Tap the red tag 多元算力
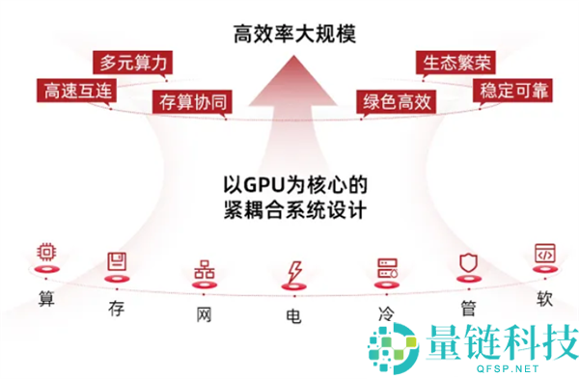click(133, 63)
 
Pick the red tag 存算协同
click(194, 101)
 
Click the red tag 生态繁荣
click(454, 63)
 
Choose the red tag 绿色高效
click(396, 101)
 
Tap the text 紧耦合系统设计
click(289, 208)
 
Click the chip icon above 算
click(45, 252)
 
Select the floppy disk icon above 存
click(119, 261)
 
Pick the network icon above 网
click(204, 269)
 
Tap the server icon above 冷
click(387, 267)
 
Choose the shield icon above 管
click(467, 261)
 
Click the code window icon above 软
click(545, 253)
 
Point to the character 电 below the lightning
click(292, 315)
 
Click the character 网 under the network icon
click(204, 313)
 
